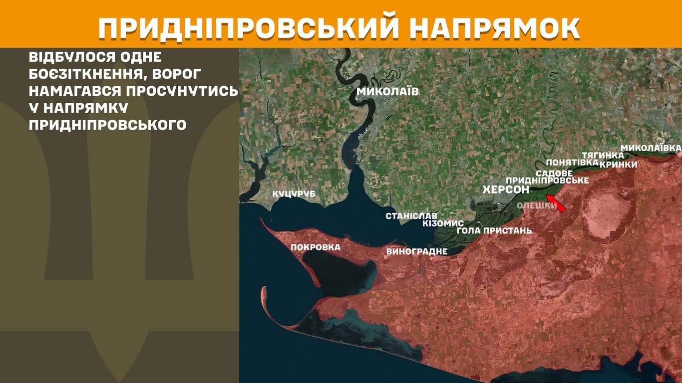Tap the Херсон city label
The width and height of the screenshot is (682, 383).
pyautogui.click(x=506, y=190)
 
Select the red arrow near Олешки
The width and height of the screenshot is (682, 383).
pyautogui.click(x=555, y=204)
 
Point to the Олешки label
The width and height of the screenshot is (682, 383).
pyautogui.click(x=537, y=205)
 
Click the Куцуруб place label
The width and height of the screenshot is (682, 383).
pyautogui.click(x=294, y=194)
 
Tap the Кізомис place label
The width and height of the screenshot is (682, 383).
pyautogui.click(x=443, y=223)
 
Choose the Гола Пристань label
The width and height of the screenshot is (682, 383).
pyautogui.click(x=494, y=231)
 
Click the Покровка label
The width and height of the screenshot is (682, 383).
pyautogui.click(x=316, y=247)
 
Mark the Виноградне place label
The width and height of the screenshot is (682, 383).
pyautogui.click(x=417, y=251)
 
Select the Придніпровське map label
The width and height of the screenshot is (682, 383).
pyautogui.click(x=547, y=180)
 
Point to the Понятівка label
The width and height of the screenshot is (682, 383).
pyautogui.click(x=572, y=163)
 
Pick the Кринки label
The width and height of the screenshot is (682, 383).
pyautogui.click(x=619, y=165)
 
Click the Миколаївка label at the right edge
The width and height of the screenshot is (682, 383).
pyautogui.click(x=651, y=148)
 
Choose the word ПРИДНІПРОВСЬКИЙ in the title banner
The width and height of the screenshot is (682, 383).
pyautogui.click(x=241, y=29)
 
